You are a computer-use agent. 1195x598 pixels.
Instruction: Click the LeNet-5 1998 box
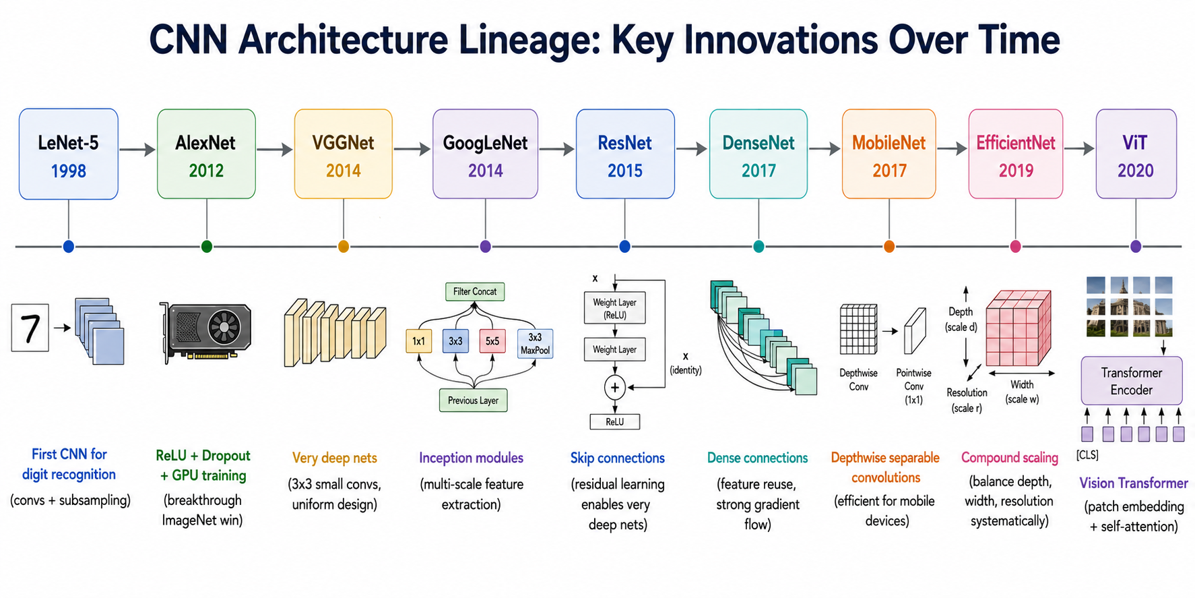pos(69,154)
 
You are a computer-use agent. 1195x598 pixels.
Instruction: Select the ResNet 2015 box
pos(625,154)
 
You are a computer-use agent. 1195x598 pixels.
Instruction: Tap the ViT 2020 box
pos(1136,154)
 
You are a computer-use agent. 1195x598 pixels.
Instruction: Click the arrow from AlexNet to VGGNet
pos(275,149)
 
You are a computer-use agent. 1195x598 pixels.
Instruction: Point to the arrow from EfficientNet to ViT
pos(1079,149)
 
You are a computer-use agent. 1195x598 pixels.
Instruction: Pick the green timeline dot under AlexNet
pos(207,247)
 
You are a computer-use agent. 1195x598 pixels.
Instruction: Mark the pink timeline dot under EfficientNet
pos(1016,247)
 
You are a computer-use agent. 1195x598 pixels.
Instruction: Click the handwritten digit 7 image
pos(30,328)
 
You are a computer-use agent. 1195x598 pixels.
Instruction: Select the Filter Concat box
pos(475,292)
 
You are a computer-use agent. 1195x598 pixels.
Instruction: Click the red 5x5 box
pos(492,341)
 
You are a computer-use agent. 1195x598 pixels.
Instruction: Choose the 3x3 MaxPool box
pos(535,343)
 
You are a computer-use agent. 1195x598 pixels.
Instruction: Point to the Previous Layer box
pos(473,400)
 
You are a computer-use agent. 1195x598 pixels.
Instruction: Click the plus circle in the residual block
pos(614,388)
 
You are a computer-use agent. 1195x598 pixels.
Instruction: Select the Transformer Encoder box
pos(1132,381)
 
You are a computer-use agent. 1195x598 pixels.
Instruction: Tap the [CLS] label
pos(1087,455)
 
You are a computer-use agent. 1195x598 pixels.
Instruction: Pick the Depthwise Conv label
pos(859,380)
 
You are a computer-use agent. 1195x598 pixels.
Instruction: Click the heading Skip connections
pos(618,458)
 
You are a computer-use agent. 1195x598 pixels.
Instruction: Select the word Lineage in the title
pos(528,40)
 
